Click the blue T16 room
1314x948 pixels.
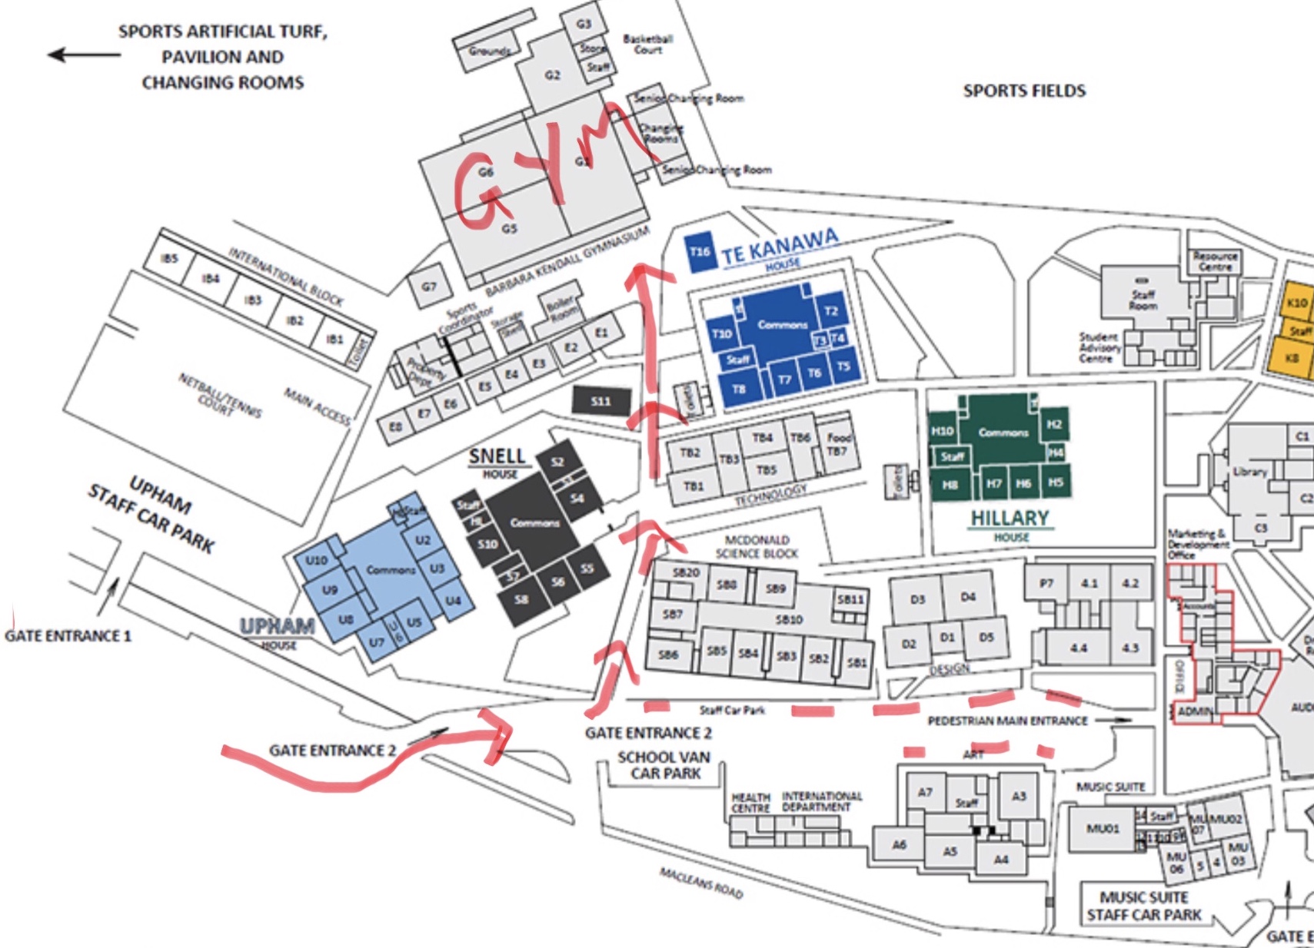[x=700, y=252]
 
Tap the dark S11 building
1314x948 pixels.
[x=601, y=401]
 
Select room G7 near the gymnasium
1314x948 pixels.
[x=429, y=287]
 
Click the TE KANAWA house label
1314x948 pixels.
[x=779, y=247]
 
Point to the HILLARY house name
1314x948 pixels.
[x=1010, y=519]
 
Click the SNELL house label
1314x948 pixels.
[x=497, y=456]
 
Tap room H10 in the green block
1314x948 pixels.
[x=942, y=431]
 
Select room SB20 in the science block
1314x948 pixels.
[x=685, y=572]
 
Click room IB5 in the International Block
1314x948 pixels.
[x=169, y=258]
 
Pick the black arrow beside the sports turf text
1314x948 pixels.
[x=83, y=55]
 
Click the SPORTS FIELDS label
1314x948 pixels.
[x=1024, y=91]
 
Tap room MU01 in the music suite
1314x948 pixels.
[x=1103, y=828]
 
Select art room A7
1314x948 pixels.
[x=925, y=792]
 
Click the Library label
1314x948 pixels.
[x=1249, y=472]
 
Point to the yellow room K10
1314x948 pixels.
[x=1297, y=303]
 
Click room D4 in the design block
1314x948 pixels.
[x=967, y=597]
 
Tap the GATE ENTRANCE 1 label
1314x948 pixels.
[x=68, y=636]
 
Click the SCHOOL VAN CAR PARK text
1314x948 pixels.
[x=664, y=764]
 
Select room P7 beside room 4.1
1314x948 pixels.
[x=1046, y=584]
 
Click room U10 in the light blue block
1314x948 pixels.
[x=316, y=560]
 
